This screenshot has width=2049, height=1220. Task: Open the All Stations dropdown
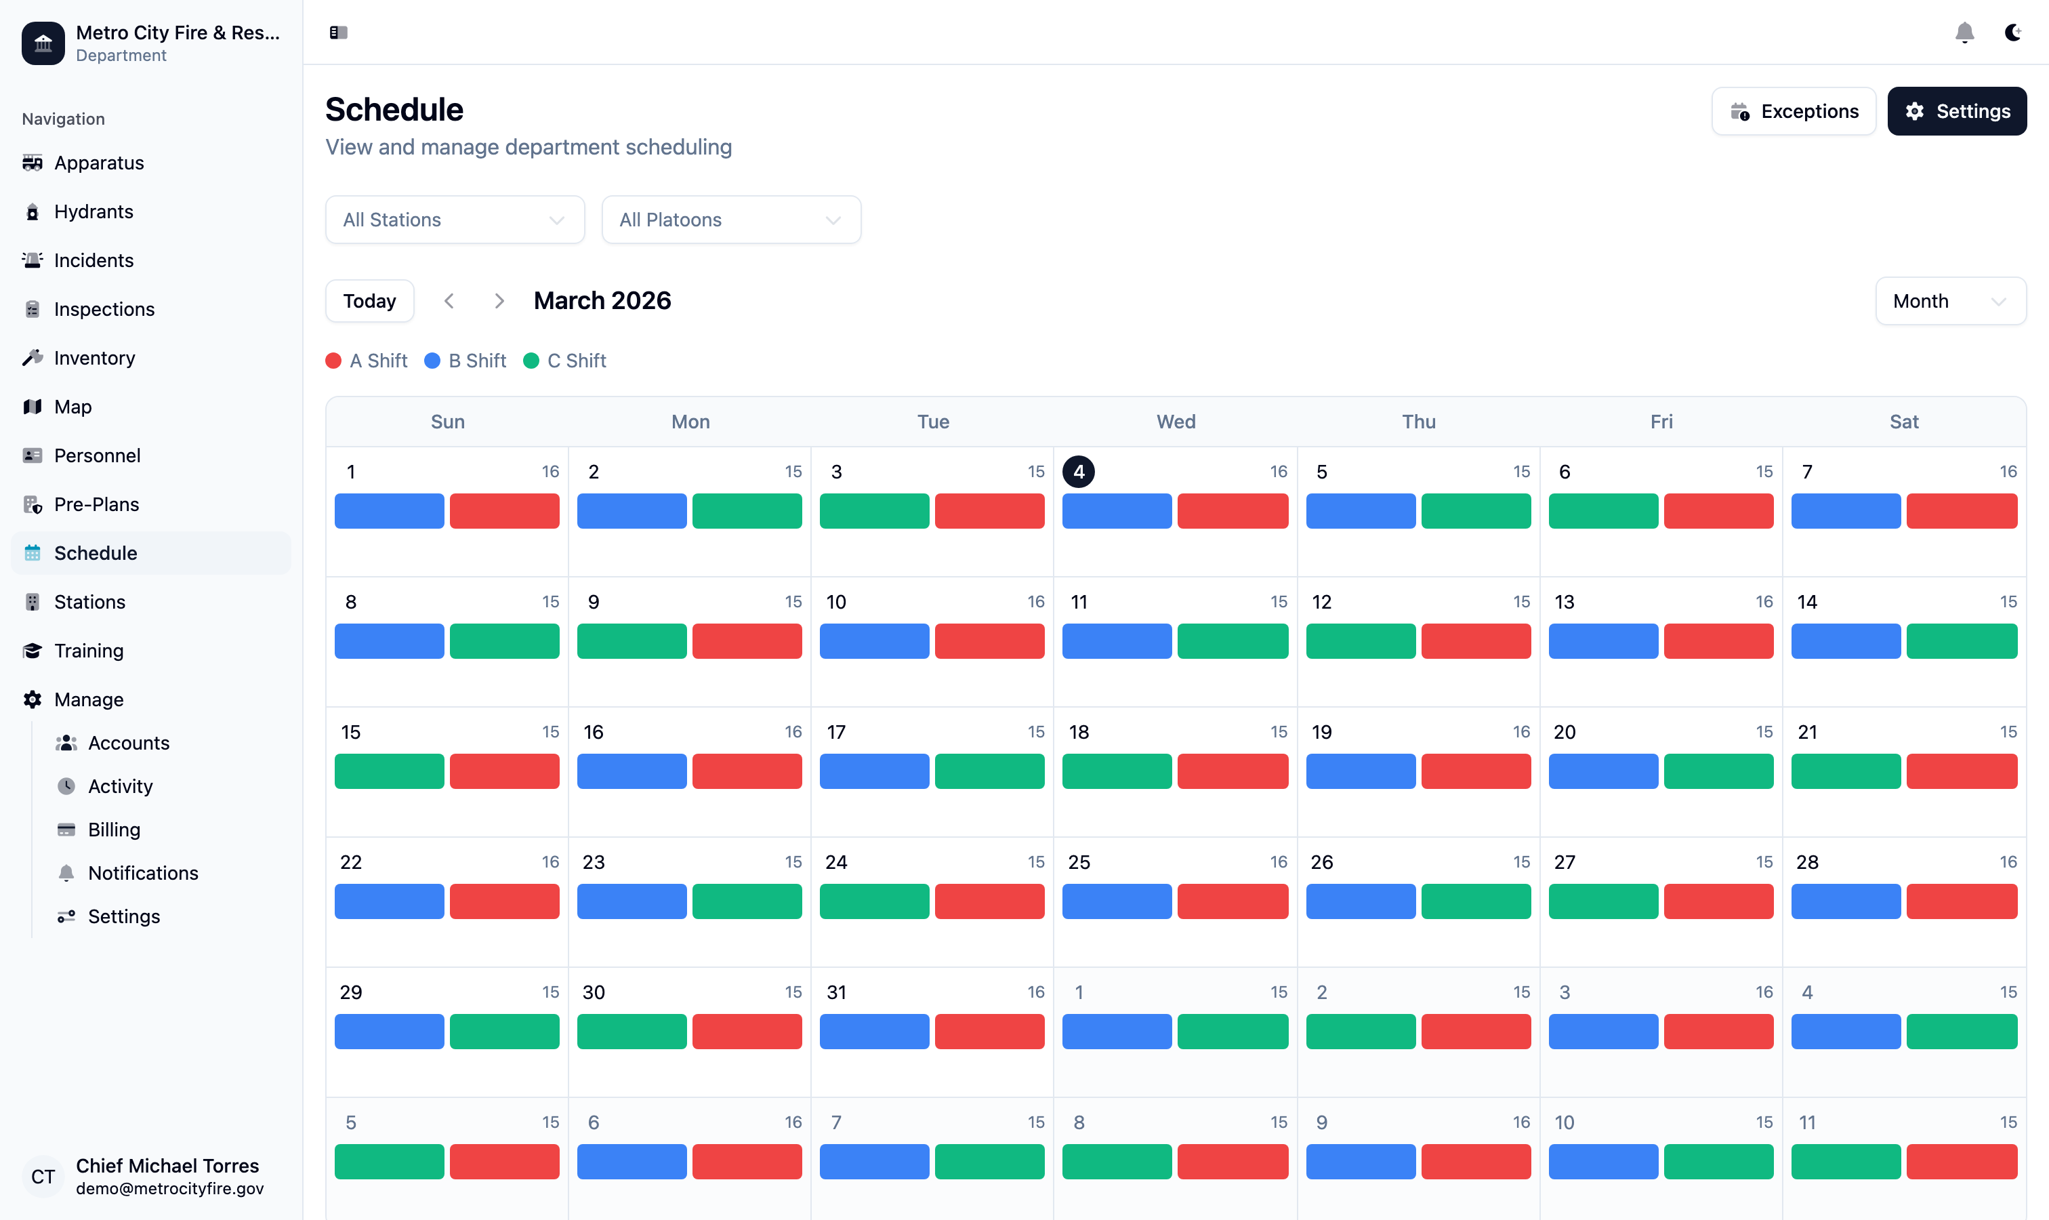pos(455,220)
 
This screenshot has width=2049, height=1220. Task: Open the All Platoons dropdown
pos(730,220)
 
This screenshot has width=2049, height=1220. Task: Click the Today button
pos(369,301)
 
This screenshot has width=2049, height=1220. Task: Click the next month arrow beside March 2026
pos(499,301)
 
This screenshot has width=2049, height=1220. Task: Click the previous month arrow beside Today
pos(449,301)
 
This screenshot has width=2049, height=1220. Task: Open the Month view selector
pos(1949,301)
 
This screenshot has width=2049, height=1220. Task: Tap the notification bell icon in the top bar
pos(1964,33)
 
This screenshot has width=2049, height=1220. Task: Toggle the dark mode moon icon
pos(2012,33)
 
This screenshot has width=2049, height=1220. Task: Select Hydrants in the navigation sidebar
pos(93,211)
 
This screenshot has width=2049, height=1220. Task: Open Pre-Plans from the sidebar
pos(96,504)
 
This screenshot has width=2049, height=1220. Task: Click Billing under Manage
pos(113,830)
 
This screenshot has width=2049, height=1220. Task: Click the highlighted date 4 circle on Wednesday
pos(1077,472)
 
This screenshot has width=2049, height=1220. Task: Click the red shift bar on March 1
pos(504,510)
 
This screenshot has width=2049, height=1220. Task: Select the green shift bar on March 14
pos(1960,641)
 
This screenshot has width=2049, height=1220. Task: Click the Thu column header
pos(1417,422)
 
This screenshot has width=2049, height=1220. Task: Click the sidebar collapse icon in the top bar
pos(339,33)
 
